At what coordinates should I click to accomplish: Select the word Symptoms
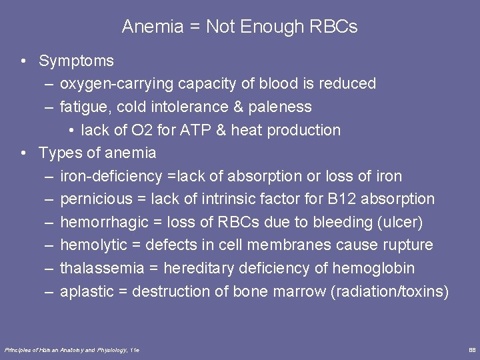76,61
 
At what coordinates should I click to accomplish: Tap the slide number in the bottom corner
472,349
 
